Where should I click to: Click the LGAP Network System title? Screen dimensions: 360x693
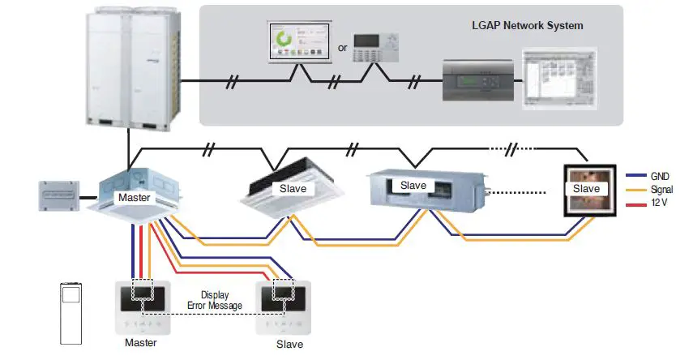527,26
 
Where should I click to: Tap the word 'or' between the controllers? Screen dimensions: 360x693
342,48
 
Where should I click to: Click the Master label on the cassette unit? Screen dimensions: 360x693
133,197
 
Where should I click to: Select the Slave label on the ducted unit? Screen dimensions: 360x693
413,186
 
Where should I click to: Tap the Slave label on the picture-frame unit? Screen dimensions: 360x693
585,189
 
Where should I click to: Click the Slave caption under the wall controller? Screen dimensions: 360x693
289,344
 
